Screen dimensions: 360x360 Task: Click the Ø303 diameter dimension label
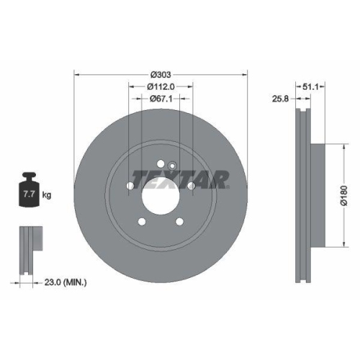[161, 74]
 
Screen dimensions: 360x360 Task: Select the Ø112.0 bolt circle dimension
[161, 86]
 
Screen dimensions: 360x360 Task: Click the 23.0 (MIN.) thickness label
[66, 283]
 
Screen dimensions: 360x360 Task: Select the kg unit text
[47, 195]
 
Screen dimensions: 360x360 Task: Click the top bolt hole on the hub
[161, 161]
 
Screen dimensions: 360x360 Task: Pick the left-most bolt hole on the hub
[130, 186]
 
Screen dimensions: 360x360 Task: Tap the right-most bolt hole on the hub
[192, 186]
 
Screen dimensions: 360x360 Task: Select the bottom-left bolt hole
[142, 222]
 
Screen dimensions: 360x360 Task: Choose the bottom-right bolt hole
[180, 222]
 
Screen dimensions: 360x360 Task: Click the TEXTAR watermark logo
[180, 177]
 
